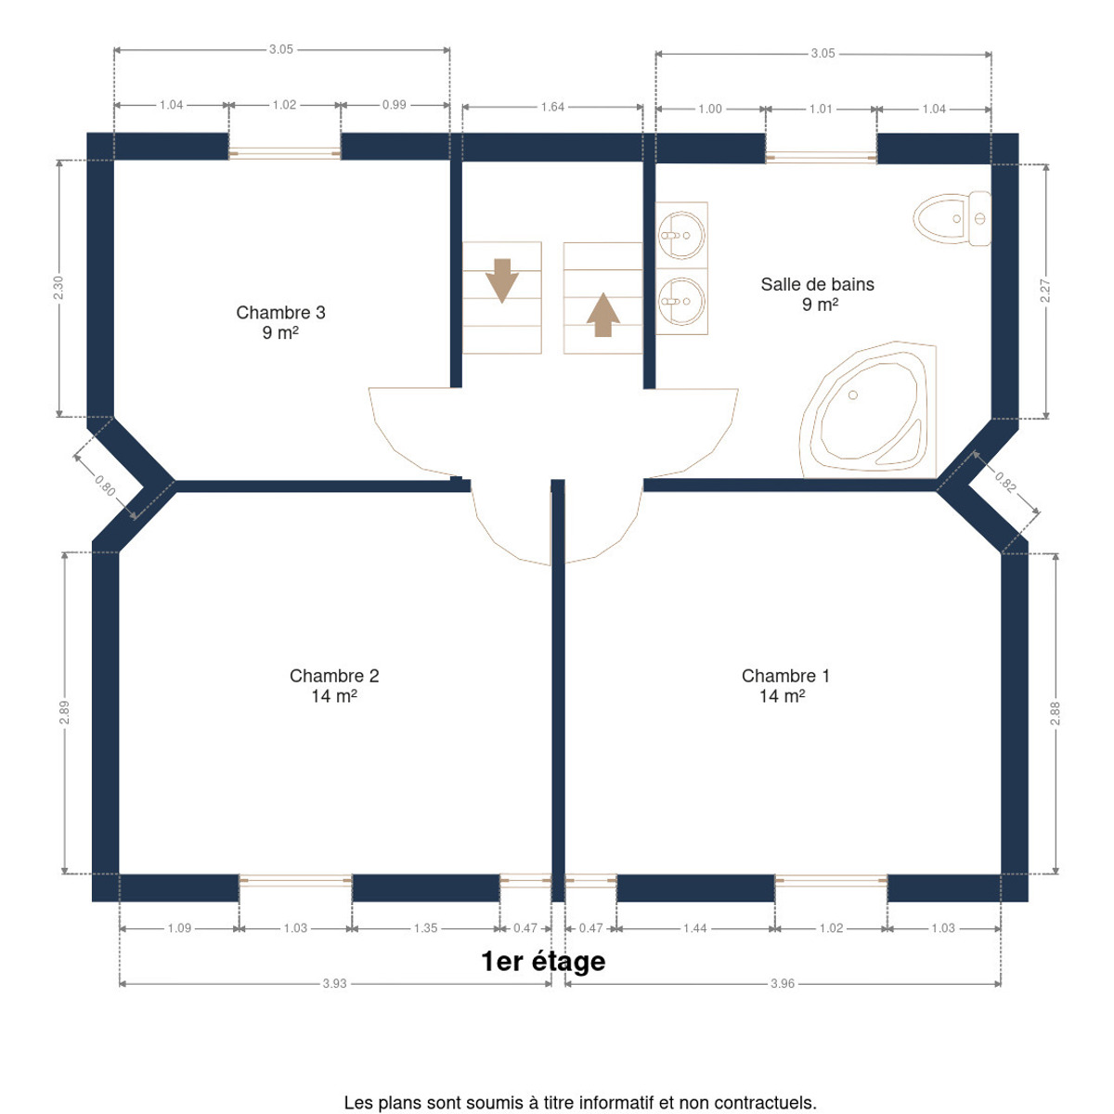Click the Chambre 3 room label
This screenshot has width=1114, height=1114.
[280, 322]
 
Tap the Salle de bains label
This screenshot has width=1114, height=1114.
[817, 293]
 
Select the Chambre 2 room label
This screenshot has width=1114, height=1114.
[334, 685]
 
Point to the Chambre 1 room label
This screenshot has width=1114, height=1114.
[785, 685]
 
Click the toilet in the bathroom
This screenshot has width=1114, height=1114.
[952, 218]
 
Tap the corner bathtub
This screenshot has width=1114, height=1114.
[868, 410]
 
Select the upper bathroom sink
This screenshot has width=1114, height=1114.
[681, 235]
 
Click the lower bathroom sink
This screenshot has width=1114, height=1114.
[681, 301]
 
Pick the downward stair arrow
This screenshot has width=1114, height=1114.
[502, 280]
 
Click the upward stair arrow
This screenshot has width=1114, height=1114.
[603, 315]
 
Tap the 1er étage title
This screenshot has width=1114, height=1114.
[543, 962]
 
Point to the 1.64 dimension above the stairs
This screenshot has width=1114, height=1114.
[552, 107]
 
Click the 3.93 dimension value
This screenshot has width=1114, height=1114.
[334, 983]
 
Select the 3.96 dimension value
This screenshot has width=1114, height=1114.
[783, 983]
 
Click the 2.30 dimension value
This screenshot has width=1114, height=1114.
[58, 288]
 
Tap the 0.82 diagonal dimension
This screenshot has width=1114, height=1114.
[1004, 483]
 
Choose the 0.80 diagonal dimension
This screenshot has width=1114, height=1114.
[105, 486]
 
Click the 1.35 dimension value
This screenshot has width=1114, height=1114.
[425, 927]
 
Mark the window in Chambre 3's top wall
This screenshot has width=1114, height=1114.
[284, 154]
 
